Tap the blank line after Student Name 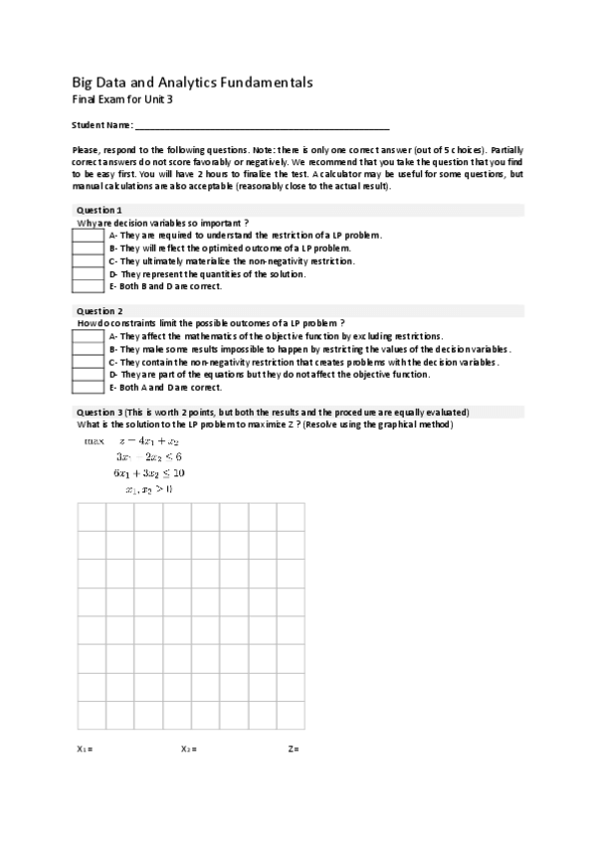pos(262,125)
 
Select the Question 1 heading pos(99,211)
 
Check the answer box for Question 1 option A pos(88,236)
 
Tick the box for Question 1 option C pos(88,260)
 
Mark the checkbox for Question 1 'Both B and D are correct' pos(88,286)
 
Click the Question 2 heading pos(99,311)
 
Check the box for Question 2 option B pos(88,349)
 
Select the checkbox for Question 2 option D pos(88,374)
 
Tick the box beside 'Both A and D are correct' pos(88,387)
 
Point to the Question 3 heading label pos(99,412)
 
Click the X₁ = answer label pos(85,748)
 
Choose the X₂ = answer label pos(189,748)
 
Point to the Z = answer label pos(294,748)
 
